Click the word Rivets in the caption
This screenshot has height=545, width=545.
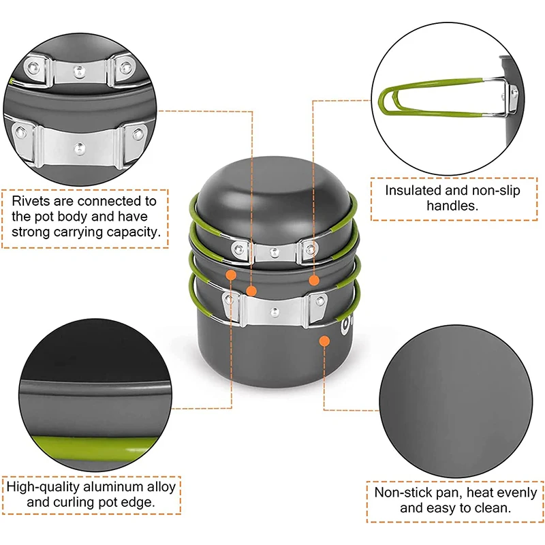31,201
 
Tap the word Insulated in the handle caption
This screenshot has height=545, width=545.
411,191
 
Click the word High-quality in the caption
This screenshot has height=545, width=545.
42,487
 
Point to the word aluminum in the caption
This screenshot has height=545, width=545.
112,487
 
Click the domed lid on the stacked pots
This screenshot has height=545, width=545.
273,198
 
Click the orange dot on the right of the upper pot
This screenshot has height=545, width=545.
314,279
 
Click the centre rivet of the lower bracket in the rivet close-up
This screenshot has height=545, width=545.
80,145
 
